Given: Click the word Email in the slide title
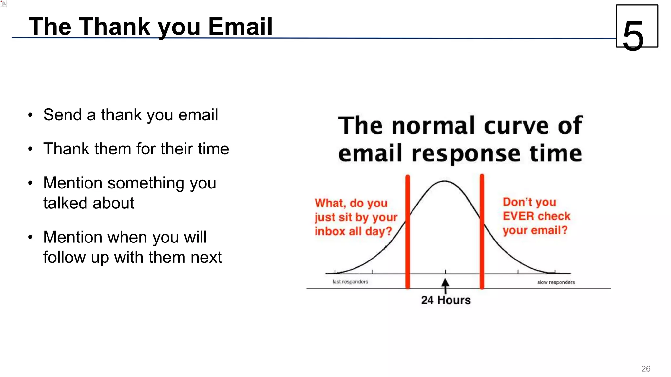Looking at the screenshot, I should point(240,27).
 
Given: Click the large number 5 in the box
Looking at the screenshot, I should point(633,35).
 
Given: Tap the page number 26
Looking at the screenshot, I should point(645,369).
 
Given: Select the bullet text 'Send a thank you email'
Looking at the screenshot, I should point(130,115).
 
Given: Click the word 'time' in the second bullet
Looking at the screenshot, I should point(213,149).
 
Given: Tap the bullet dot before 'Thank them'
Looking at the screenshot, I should point(30,149).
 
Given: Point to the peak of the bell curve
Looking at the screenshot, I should point(445,181).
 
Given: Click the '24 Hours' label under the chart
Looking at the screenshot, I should point(446,300).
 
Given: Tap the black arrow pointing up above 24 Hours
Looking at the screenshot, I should point(445,286).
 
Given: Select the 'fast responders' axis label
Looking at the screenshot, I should point(350,282).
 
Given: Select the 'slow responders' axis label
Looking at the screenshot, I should point(556,282).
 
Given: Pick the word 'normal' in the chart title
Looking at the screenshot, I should point(435,126).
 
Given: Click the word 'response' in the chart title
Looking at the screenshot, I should point(466,154).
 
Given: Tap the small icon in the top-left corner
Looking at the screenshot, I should point(4,3).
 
